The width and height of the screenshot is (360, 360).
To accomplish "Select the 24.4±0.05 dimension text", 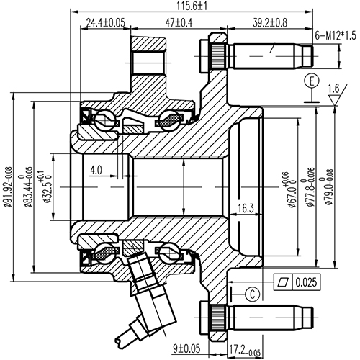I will point(106,23).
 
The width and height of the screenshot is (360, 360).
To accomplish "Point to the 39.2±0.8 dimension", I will point(270,23).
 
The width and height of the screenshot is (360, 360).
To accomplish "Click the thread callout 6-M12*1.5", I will point(336,35).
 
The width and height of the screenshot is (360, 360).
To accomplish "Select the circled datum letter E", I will point(310,81).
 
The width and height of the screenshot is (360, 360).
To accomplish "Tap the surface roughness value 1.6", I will point(334,89).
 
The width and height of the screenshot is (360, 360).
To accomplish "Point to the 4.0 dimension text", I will point(97,170).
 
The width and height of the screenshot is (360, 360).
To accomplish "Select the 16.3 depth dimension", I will point(246,209).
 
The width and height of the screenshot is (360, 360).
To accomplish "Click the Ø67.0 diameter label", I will point(294,190).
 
